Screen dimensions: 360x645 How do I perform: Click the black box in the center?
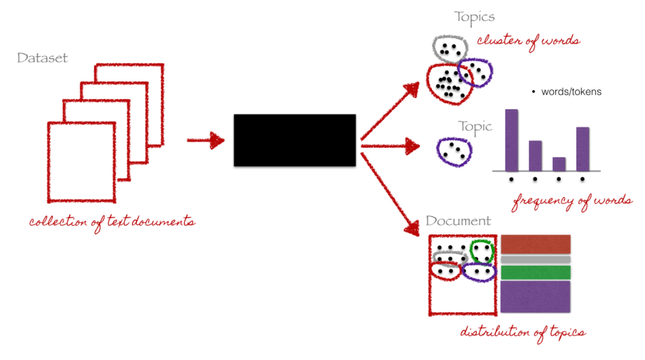pyautogui.click(x=294, y=140)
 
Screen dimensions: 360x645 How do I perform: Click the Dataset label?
pyautogui.click(x=42, y=58)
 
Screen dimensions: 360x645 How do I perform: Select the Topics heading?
pyautogui.click(x=475, y=17)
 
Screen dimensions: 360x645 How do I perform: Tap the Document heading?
pyautogui.click(x=458, y=221)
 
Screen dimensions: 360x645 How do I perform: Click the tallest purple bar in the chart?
pyautogui.click(x=511, y=140)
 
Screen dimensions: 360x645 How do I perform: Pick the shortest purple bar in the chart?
pyautogui.click(x=559, y=163)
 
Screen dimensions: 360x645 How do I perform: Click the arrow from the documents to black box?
pyautogui.click(x=205, y=140)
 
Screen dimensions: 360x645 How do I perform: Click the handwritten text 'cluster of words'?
pyautogui.click(x=528, y=41)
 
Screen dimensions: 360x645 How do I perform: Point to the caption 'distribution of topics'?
pyautogui.click(x=523, y=332)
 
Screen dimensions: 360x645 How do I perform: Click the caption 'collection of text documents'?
pyautogui.click(x=112, y=222)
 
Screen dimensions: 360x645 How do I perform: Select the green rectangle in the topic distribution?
pyautogui.click(x=535, y=272)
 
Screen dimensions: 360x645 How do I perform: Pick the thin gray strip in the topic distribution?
pyautogui.click(x=535, y=259)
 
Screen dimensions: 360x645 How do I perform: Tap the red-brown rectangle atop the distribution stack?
pyautogui.click(x=535, y=244)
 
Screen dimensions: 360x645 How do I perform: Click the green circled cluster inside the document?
pyautogui.click(x=482, y=251)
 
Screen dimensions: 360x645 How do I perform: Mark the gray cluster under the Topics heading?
pyautogui.click(x=449, y=49)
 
